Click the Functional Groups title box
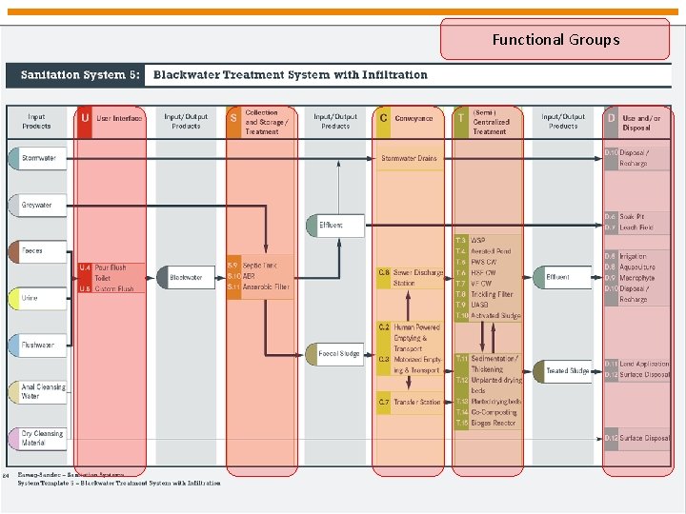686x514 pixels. tap(555, 40)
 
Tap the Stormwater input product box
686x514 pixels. tap(39, 158)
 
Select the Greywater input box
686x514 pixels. tap(38, 205)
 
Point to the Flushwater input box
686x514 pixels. tap(38, 345)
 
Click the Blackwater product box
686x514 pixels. tap(186, 278)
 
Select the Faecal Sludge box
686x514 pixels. tap(336, 354)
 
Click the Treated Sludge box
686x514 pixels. tap(566, 371)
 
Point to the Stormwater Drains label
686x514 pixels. tap(409, 158)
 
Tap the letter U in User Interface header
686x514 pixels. tap(85, 119)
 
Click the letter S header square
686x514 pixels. tap(233, 119)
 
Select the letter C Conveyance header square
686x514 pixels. tap(383, 119)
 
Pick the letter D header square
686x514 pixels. tap(611, 119)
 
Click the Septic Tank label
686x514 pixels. tap(260, 266)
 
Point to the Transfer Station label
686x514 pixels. tap(417, 403)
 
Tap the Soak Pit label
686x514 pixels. tap(633, 217)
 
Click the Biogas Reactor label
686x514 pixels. tap(493, 423)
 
